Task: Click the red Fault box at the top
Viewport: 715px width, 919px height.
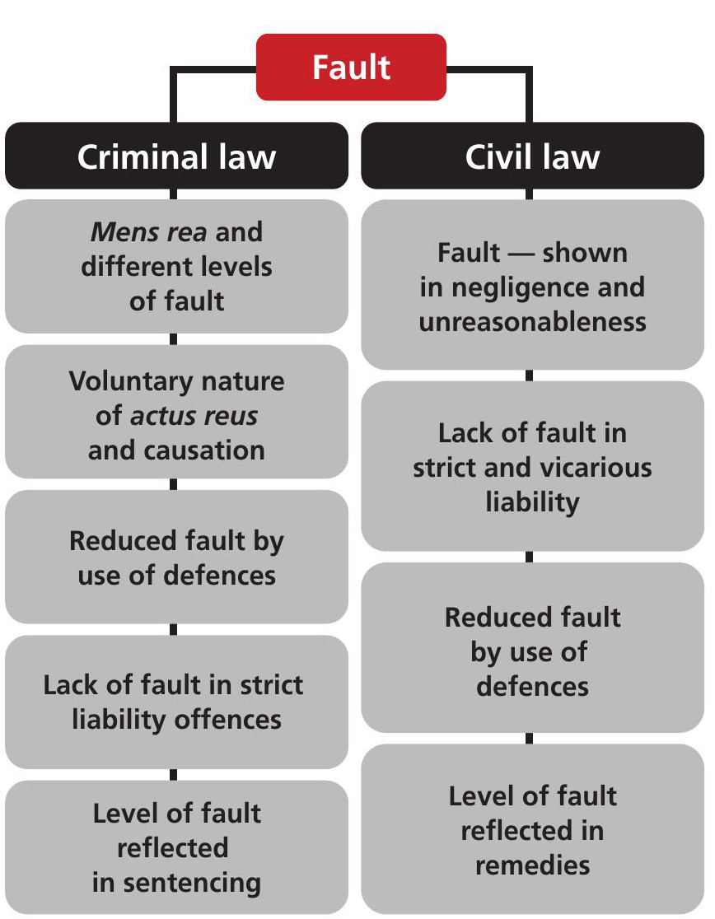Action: (x=351, y=67)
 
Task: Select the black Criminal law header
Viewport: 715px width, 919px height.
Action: (x=176, y=156)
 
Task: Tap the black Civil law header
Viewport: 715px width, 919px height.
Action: (x=532, y=156)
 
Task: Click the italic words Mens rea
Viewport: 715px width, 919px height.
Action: (x=149, y=231)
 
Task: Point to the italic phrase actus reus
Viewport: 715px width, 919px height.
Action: (x=194, y=416)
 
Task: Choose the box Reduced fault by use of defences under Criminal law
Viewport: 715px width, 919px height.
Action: (x=176, y=557)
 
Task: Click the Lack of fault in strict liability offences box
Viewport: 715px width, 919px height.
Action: (x=176, y=702)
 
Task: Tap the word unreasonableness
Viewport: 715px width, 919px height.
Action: (x=532, y=322)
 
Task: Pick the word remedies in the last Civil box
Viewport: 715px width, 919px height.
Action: (x=532, y=865)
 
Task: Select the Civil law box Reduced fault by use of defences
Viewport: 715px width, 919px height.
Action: (x=532, y=647)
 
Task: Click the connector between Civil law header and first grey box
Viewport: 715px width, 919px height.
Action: (x=529, y=194)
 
